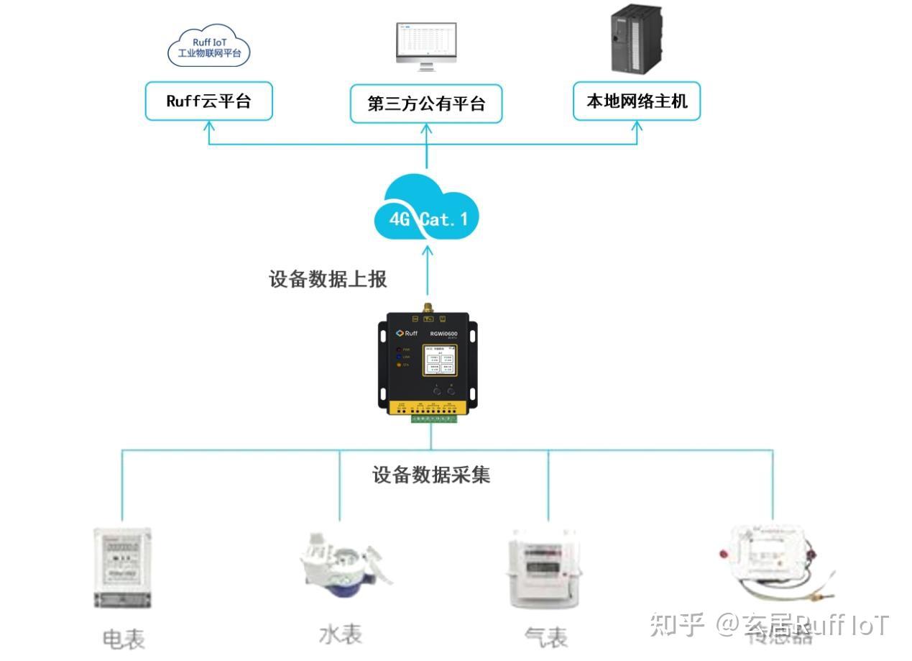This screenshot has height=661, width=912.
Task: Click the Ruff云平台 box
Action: [208, 101]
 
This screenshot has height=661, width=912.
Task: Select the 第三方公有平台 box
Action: [426, 104]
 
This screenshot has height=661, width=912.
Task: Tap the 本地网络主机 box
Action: [637, 101]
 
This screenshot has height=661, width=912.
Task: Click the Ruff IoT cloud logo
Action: [208, 47]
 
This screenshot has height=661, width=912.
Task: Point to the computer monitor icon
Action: [426, 47]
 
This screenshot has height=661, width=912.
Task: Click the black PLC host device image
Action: [636, 40]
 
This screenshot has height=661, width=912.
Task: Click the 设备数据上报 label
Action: [328, 279]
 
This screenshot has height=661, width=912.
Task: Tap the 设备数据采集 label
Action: [431, 475]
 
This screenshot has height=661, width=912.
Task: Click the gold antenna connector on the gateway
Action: [426, 307]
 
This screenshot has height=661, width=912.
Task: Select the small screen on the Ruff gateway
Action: [438, 362]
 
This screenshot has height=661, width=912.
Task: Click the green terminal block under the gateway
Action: [432, 418]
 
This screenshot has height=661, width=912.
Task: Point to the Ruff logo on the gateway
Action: [407, 333]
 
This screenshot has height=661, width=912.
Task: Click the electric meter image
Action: [123, 568]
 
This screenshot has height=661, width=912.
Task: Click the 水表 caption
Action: [341, 634]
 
